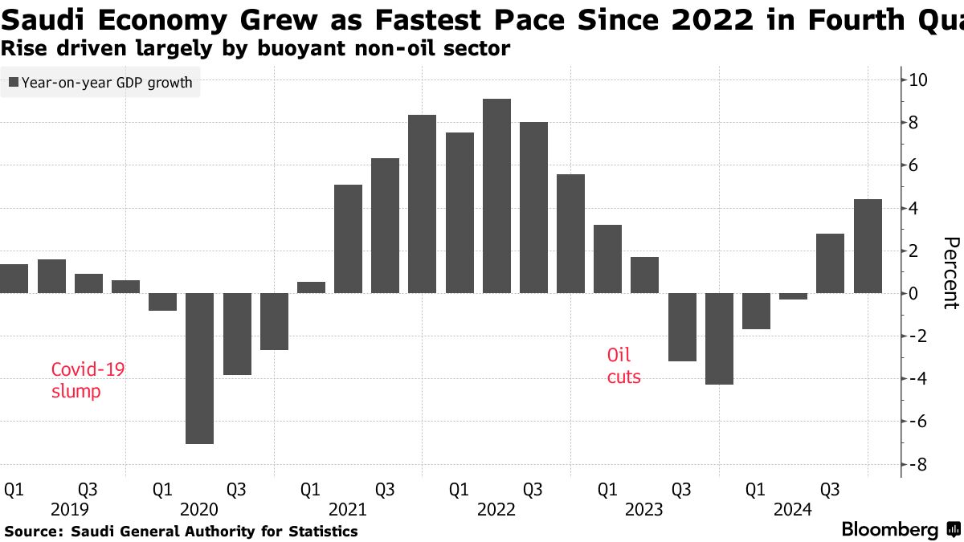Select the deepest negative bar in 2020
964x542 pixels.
coord(199,369)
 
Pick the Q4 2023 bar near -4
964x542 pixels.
coord(719,339)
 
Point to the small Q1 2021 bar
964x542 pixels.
coord(311,287)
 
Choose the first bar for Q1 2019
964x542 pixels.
coord(14,279)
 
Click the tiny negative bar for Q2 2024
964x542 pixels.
coord(793,296)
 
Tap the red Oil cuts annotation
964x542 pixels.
coord(624,365)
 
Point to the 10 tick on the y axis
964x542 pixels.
coord(919,80)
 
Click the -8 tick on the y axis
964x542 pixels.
coord(919,464)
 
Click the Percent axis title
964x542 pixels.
coord(950,273)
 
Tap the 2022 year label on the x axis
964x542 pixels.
coord(496,510)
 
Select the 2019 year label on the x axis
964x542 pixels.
coord(69,510)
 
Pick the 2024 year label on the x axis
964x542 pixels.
coord(793,510)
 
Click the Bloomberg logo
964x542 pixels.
coord(890,530)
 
